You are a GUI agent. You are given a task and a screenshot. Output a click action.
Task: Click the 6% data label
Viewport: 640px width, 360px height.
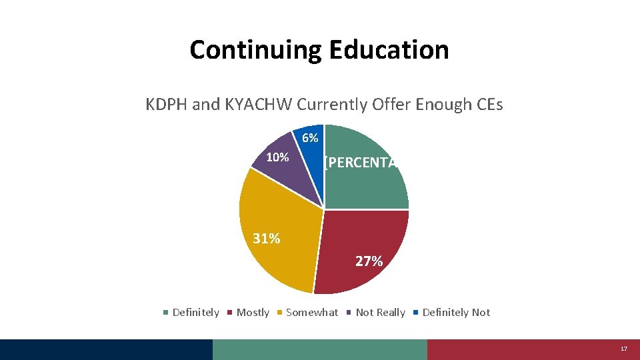click(310, 139)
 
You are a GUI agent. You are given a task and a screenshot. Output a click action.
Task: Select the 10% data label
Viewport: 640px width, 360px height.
click(277, 158)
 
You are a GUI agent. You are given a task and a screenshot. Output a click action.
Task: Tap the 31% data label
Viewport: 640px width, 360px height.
click(267, 239)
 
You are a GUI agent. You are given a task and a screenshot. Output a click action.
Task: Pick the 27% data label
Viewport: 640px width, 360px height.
click(369, 261)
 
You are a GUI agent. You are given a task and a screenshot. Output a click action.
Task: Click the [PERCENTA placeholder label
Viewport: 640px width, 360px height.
click(360, 162)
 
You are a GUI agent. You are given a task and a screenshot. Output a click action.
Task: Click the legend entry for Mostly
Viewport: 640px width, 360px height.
click(249, 313)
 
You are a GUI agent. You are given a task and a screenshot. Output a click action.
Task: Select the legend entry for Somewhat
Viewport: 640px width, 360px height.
click(307, 313)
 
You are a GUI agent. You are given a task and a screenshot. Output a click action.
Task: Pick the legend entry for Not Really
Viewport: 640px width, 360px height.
click(376, 313)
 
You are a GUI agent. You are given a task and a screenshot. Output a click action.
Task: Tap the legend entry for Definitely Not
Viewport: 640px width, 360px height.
click(451, 313)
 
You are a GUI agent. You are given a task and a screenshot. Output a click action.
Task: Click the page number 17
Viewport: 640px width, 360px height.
click(623, 349)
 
